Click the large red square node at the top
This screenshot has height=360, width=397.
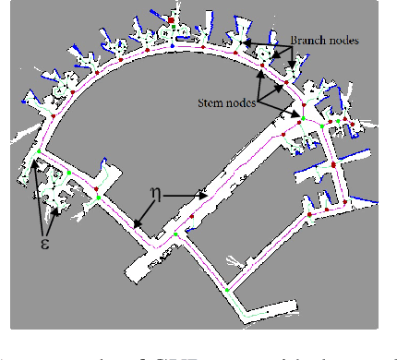pos(172,18)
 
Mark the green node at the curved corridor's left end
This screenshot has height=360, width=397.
pos(39,150)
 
